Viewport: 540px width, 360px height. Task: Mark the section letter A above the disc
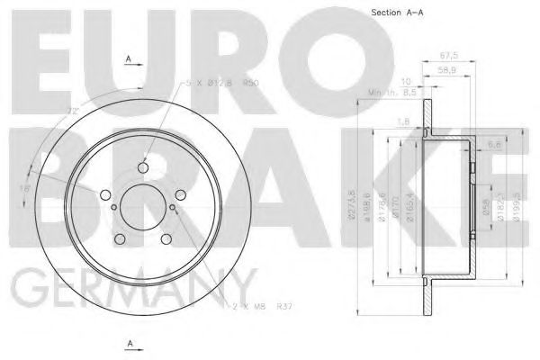(130, 60)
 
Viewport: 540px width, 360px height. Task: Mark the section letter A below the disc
(130, 344)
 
